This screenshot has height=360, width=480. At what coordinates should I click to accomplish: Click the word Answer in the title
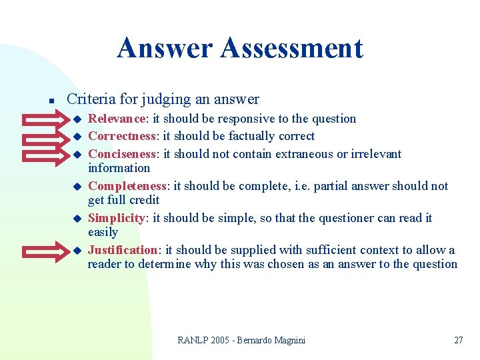click(164, 49)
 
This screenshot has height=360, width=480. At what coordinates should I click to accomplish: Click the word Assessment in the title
click(291, 49)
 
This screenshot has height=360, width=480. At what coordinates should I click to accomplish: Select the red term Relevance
click(117, 119)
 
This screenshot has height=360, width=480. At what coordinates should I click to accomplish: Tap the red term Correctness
click(122, 136)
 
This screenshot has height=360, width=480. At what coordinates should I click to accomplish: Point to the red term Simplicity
click(117, 218)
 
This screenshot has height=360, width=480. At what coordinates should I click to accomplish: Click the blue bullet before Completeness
click(76, 187)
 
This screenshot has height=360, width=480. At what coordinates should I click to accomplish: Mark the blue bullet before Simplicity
click(76, 219)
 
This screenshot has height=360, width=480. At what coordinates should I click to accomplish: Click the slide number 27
click(458, 340)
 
